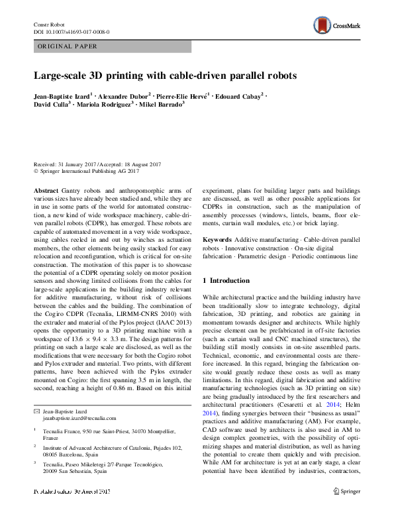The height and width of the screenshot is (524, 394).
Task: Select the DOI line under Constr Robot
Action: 72,31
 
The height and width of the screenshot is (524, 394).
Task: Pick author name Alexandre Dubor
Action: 123,96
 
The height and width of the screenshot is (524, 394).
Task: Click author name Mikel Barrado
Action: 162,105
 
